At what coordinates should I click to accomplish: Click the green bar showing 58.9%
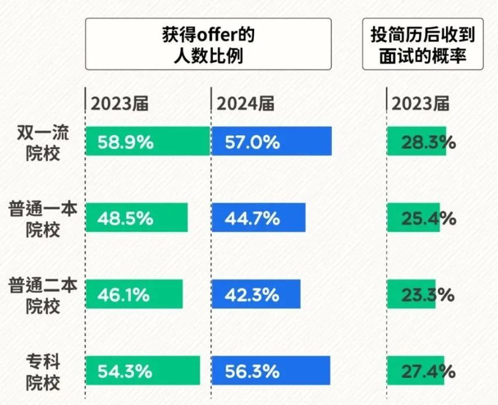(148, 141)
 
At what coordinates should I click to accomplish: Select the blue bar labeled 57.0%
(271, 141)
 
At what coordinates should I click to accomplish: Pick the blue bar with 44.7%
(258, 218)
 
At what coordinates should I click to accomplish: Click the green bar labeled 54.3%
(143, 371)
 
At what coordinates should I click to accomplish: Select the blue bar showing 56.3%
(271, 371)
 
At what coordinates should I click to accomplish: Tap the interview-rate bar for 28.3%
(416, 141)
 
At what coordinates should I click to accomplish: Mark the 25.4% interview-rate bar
(413, 218)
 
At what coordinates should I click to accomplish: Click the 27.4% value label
(428, 371)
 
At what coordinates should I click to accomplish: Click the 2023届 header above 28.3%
(421, 104)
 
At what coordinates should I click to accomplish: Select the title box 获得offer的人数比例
(208, 44)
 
